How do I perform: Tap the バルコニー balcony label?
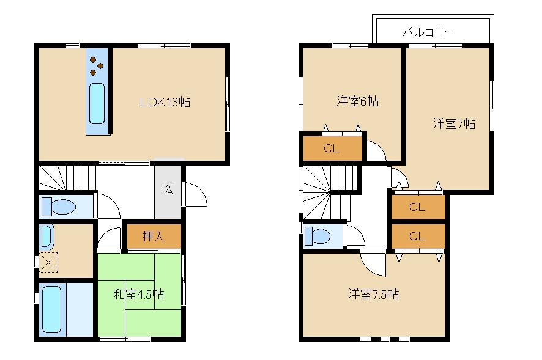point(428,32)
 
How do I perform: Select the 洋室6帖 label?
point(357,101)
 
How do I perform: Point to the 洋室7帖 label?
point(454,124)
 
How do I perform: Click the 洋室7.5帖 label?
point(374,295)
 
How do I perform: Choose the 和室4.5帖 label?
point(139,295)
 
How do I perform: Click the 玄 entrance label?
point(168,188)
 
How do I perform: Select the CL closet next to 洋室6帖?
point(332,148)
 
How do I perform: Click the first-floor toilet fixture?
point(59,207)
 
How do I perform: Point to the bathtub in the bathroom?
point(51,309)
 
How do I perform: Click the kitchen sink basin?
point(97,104)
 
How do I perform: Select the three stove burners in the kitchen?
point(97,65)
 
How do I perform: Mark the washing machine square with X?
point(48,262)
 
